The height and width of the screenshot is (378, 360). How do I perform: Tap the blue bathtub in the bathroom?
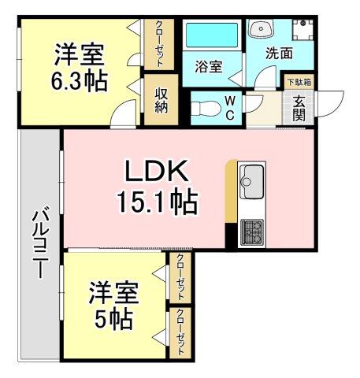coord(210,35)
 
